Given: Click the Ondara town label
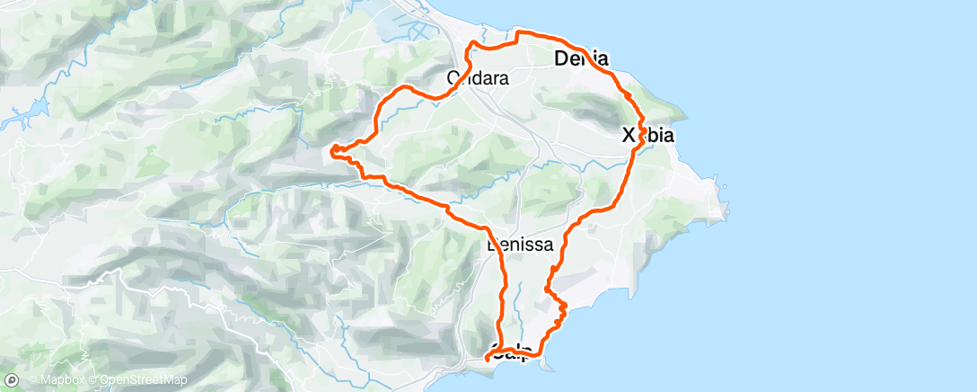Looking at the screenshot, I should click(x=478, y=78).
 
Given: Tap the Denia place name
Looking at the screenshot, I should click(x=582, y=59).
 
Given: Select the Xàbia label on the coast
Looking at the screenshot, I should click(x=648, y=136).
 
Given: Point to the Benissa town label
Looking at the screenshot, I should click(x=518, y=244).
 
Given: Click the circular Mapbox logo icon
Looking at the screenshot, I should click(x=13, y=380).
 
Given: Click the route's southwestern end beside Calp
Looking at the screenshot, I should click(x=487, y=359).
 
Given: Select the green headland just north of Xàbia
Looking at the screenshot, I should click(x=669, y=111).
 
